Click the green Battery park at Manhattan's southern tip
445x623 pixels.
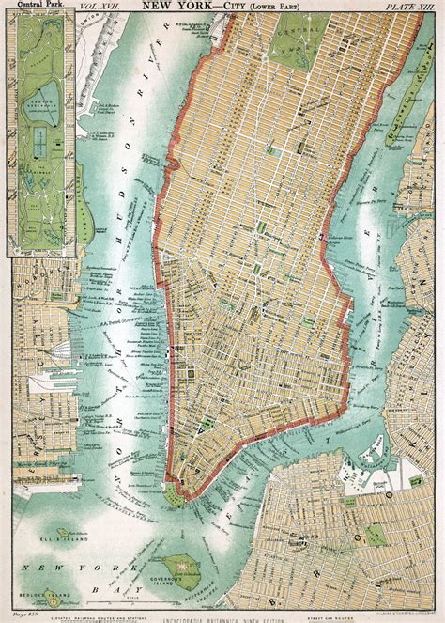click(x=175, y=490)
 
